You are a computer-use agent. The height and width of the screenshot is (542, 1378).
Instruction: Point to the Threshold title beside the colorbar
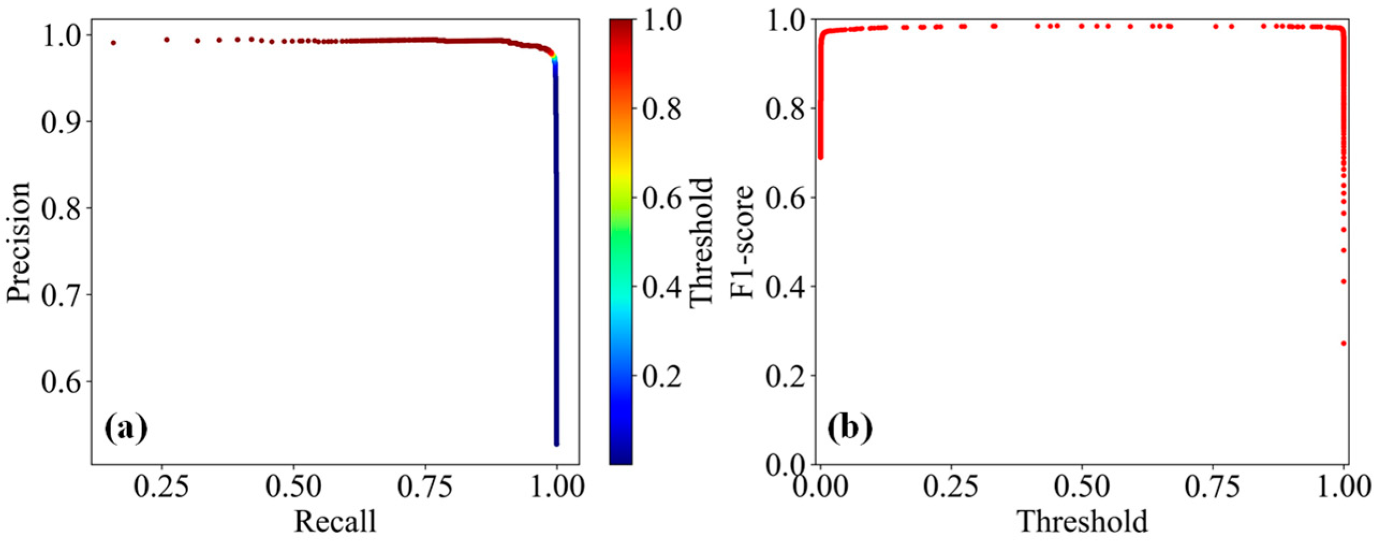point(701,242)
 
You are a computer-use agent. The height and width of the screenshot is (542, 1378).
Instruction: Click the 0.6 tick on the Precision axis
point(62,382)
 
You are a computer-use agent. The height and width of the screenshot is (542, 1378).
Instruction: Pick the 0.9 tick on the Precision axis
point(62,121)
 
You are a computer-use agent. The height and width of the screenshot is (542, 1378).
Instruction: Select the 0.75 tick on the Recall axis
point(425,487)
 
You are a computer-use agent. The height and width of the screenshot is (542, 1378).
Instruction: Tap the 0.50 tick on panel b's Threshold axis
point(1081,487)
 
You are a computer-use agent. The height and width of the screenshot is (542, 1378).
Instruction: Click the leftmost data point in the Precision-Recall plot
point(113,42)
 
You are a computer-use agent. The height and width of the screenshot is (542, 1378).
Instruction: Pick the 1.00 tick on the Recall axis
point(557,487)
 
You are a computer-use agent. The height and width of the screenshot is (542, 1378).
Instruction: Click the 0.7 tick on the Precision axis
point(62,295)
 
